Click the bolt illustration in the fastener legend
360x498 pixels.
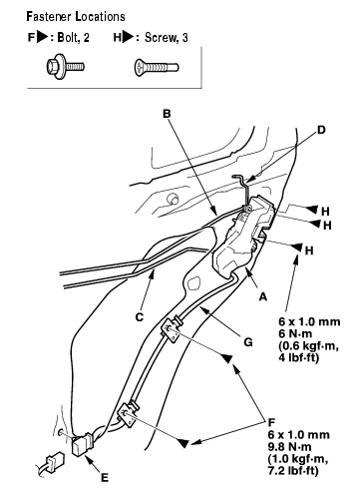click(x=65, y=67)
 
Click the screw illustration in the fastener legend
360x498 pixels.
click(x=157, y=68)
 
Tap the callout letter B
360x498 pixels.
click(x=167, y=114)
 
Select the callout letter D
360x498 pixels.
click(x=321, y=130)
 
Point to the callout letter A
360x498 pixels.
click(x=263, y=296)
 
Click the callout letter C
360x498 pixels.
click(x=140, y=317)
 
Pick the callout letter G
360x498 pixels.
click(x=248, y=342)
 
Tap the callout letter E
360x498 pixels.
click(x=105, y=478)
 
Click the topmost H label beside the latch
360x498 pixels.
click(x=325, y=211)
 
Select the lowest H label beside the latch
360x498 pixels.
click(x=309, y=250)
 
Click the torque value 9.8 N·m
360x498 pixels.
click(x=289, y=447)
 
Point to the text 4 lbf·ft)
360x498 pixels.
click(x=299, y=358)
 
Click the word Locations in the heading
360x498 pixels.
click(x=101, y=16)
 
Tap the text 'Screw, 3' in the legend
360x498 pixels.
click(x=167, y=38)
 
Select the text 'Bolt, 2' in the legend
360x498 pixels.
click(x=74, y=37)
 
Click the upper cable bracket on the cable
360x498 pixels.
click(x=172, y=329)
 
